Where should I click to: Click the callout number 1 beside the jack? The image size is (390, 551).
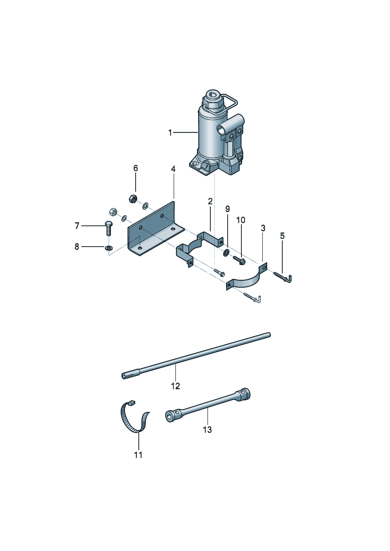pos(170,133)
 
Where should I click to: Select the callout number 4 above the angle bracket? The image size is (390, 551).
pos(173,169)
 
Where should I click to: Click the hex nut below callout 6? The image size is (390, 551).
pos(133,199)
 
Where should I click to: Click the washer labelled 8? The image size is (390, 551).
pos(108,247)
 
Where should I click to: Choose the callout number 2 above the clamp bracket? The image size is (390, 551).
pos(210,201)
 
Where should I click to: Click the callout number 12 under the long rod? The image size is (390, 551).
pos(175,386)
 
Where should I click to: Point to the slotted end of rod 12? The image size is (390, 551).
pos(125,375)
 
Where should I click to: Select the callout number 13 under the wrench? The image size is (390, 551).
pos(207,430)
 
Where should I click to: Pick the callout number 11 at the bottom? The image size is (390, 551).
pos(138,455)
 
